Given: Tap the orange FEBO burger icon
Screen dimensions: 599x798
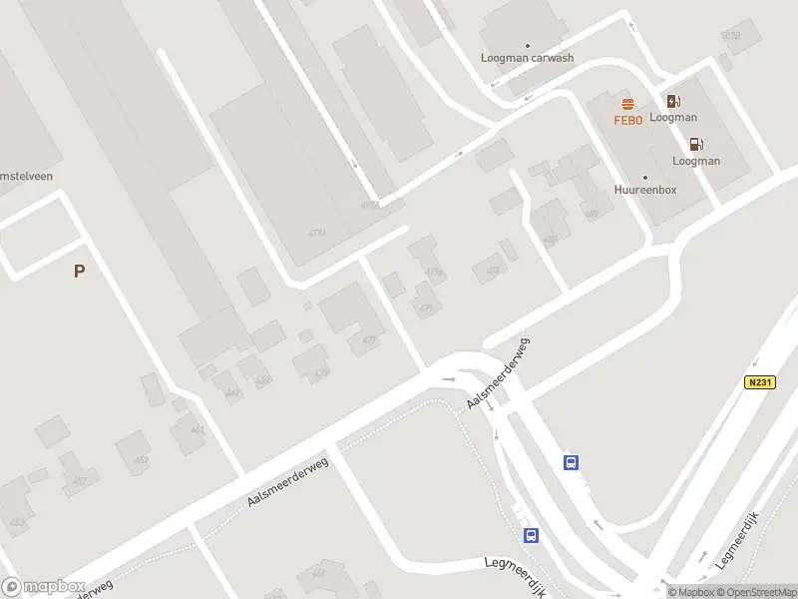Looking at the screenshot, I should pos(628,104).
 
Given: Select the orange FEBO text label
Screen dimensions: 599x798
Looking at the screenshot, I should pos(628,121).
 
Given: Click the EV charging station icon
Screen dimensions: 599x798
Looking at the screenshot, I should pos(673,100).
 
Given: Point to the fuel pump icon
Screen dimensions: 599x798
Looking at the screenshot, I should pos(696,144).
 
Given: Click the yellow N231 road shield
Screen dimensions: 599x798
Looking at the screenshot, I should pos(759,382).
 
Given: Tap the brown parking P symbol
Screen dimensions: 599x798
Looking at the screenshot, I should pos(79,271).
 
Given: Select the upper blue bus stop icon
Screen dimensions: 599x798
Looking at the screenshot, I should pos(572,462).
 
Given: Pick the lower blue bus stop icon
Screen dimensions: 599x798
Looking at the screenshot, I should pos(532,535).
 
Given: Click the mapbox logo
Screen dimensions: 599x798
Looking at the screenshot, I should pos(43,587).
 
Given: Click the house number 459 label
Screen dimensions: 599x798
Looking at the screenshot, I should pos(142,460).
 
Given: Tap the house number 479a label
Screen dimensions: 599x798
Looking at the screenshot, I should pos(433,272).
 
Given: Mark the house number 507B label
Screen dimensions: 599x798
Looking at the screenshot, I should pos(731,37).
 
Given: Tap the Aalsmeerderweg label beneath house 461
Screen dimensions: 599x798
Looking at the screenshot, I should pos(287,488).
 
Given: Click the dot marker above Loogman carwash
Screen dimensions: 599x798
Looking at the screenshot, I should pos(528,46).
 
